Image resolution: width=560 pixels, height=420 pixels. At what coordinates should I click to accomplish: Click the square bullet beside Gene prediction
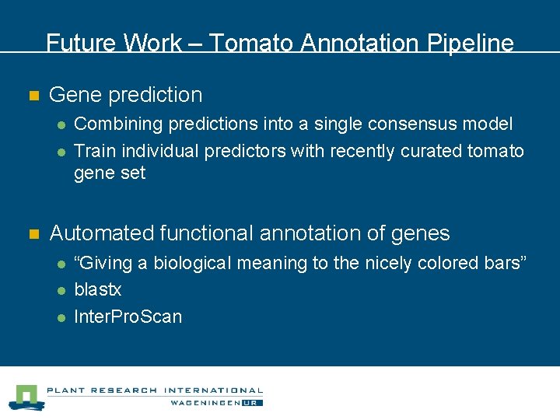33,96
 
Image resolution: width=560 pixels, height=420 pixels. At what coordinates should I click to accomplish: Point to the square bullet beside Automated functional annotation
33,234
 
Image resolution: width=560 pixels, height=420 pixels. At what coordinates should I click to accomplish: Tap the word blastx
97,290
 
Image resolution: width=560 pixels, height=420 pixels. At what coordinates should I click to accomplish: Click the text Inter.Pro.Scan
128,317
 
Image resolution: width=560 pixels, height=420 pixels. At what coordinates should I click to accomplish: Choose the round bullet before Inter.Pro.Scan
61,317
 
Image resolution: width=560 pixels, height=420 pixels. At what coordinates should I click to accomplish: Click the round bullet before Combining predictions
61,125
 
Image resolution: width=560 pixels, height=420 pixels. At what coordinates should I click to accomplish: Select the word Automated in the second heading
101,233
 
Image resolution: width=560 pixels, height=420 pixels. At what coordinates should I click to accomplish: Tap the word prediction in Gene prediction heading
155,96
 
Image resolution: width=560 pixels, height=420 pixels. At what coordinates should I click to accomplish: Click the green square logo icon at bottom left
26,397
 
